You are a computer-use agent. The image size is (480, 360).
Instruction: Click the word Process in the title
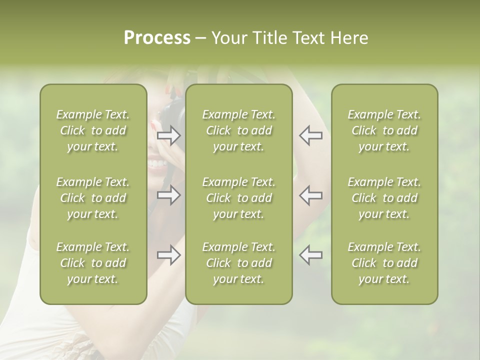(x=157, y=38)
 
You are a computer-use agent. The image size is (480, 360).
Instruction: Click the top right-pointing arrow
(x=169, y=135)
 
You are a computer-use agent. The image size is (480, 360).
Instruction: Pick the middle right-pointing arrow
(x=169, y=195)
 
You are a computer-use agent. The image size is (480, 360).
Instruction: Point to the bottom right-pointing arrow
(x=169, y=255)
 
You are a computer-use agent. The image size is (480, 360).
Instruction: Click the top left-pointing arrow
(x=310, y=135)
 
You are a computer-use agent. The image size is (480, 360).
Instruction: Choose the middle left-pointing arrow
(x=310, y=195)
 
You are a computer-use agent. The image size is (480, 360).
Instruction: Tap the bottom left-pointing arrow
(x=310, y=255)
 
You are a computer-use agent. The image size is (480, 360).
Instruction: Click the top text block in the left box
(x=93, y=130)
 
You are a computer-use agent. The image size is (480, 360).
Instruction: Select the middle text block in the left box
(x=93, y=198)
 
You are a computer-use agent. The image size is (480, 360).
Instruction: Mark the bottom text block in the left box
(x=93, y=263)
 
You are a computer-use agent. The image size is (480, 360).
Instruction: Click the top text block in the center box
(x=238, y=130)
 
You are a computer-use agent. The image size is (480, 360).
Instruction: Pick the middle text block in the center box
(x=238, y=198)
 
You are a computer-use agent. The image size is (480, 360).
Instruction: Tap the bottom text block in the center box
(x=238, y=263)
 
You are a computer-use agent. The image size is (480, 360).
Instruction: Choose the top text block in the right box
(x=384, y=130)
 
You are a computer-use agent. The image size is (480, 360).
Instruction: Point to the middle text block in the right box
(x=384, y=198)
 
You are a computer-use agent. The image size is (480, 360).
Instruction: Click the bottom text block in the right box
(x=384, y=263)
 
